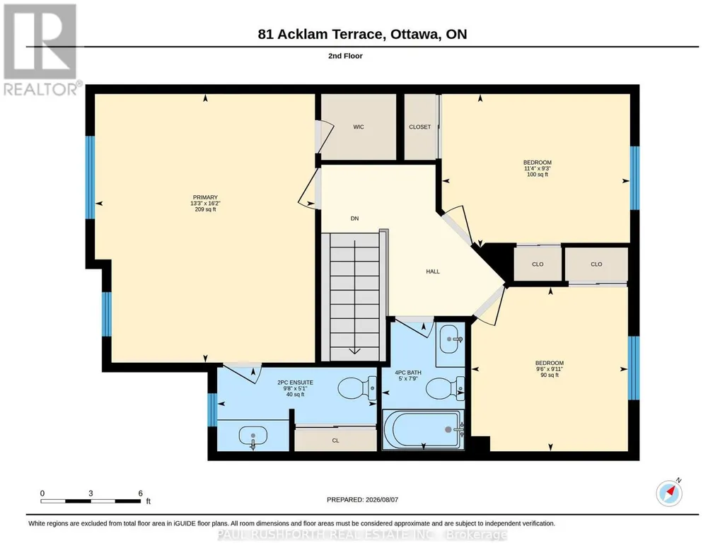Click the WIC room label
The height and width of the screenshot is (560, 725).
(x=359, y=127)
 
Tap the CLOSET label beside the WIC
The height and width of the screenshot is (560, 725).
(x=420, y=127)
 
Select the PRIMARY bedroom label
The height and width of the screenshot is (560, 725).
(x=205, y=197)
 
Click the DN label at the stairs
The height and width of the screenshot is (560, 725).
(x=354, y=218)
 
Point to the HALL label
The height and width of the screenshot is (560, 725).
(x=433, y=272)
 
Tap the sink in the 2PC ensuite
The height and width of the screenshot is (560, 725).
(x=253, y=437)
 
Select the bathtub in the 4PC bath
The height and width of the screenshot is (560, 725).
(x=422, y=429)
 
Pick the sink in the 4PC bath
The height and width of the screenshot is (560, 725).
(x=450, y=339)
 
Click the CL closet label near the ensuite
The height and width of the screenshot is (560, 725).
(x=336, y=441)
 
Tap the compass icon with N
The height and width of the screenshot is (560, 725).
(x=669, y=493)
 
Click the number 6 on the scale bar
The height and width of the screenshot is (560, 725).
(x=141, y=494)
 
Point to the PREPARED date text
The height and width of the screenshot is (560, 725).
(x=362, y=500)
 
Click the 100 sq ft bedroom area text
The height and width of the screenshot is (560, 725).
(x=538, y=175)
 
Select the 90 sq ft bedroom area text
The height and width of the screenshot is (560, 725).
(x=550, y=375)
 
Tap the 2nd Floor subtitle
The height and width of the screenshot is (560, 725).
(x=345, y=56)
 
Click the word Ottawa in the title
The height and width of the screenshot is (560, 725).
(x=414, y=34)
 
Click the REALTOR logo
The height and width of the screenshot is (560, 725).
(x=40, y=49)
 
